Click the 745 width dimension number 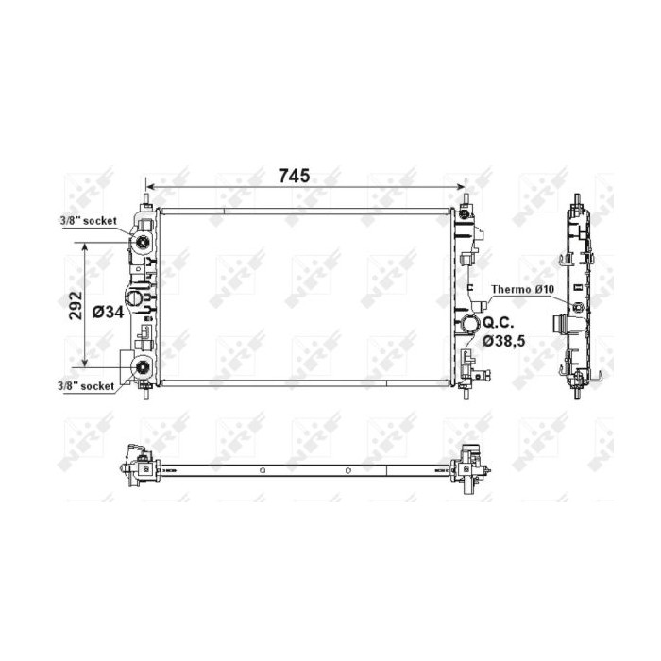coord(294,177)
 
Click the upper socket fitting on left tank coord(142,246)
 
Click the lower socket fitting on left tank coord(142,369)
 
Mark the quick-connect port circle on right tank coord(469,326)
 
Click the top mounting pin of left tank coord(145,201)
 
